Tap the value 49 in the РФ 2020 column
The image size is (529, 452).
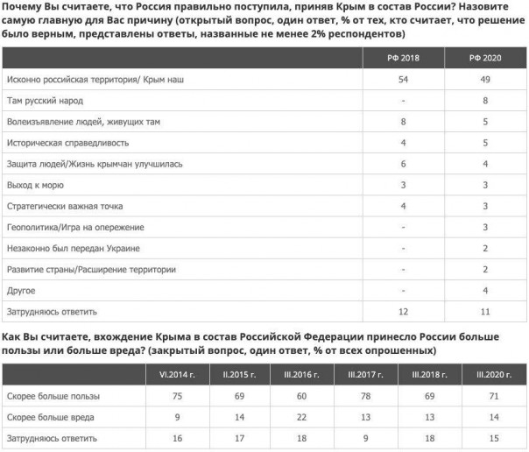pyautogui.click(x=485, y=80)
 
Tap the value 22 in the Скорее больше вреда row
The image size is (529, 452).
pyautogui.click(x=301, y=417)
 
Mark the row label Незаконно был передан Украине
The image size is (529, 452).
pyautogui.click(x=73, y=248)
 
